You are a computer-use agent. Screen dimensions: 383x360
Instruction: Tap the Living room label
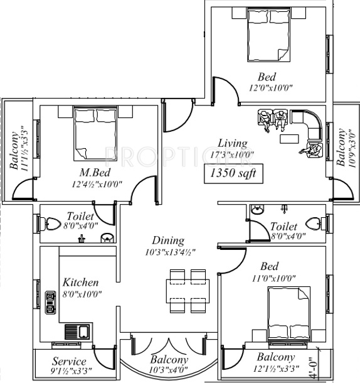point(228,143)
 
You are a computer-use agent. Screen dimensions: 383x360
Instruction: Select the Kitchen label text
point(80,283)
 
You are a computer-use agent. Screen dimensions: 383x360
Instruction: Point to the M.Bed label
point(95,173)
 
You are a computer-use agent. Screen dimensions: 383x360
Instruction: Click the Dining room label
point(168,240)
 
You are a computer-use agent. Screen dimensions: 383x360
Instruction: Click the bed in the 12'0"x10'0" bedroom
point(267,35)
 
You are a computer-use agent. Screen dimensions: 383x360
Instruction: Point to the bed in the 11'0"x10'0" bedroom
point(287,313)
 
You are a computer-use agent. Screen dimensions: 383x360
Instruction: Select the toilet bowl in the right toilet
point(314,222)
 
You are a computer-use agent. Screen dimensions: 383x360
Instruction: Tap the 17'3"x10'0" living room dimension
point(228,154)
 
